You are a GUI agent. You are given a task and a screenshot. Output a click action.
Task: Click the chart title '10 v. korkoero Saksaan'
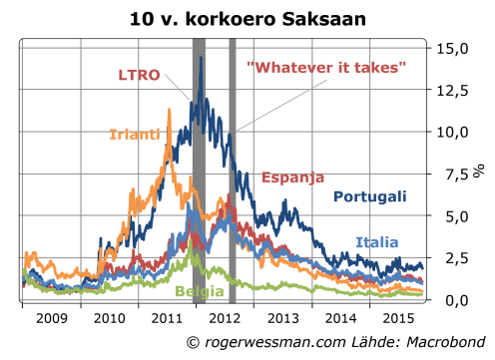click(247, 19)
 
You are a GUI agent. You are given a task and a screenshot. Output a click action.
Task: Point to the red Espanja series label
click(292, 178)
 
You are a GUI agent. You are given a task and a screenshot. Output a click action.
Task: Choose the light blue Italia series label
click(376, 242)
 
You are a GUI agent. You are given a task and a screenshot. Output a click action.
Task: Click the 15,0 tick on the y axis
click(457, 48)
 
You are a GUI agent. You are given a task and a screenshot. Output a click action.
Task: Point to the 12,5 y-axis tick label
click(457, 90)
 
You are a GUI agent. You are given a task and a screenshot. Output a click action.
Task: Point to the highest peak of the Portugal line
click(202, 57)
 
